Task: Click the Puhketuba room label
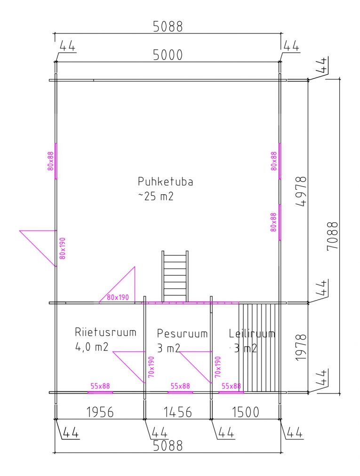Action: coord(165,182)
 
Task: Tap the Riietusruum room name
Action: coord(105,332)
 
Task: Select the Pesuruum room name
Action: coord(182,333)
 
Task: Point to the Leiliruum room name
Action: coord(252,333)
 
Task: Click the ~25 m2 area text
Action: coord(156,197)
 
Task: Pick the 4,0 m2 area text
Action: coord(92,347)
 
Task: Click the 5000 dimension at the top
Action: coord(168,55)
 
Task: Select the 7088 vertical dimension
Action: coord(333,236)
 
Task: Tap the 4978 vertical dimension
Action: coord(301,191)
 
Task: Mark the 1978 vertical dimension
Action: coord(301,348)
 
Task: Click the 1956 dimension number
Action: coord(100,412)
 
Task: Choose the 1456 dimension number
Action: coord(178,412)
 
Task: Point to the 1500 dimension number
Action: coord(246,412)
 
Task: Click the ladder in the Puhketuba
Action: coord(175,276)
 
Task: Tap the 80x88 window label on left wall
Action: coord(50,161)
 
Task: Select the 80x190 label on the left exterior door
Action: coord(62,248)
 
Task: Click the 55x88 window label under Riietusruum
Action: coord(100,386)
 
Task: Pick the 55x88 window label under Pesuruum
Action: coord(180,386)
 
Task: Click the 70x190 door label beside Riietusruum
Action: coord(151,367)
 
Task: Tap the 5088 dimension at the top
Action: coord(168,27)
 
